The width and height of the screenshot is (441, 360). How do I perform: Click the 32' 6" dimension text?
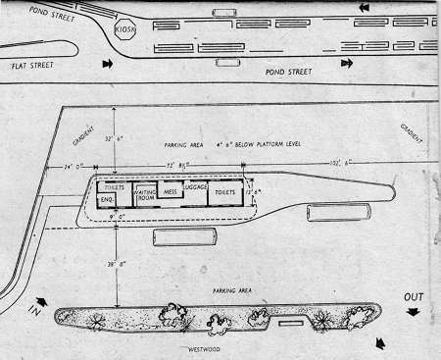[x=118, y=138]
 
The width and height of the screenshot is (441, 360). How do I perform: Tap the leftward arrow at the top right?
[x=366, y=9]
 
